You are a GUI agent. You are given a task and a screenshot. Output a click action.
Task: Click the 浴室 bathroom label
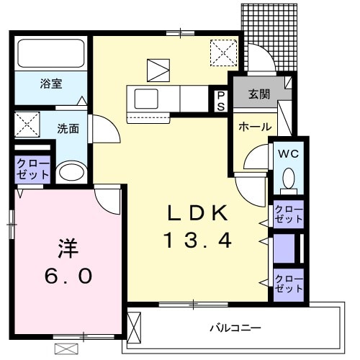click(50, 84)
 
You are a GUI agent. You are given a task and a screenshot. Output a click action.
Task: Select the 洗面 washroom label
click(68, 129)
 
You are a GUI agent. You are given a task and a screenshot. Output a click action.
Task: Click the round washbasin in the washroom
click(70, 172)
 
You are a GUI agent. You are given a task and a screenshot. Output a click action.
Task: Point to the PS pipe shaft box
click(220, 99)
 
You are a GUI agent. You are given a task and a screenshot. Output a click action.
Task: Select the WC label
click(289, 153)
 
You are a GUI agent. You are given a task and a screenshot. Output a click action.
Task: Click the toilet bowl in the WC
click(289, 179)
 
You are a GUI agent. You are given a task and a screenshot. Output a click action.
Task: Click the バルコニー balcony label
click(235, 328)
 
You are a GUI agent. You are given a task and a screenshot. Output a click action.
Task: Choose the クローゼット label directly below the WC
click(289, 214)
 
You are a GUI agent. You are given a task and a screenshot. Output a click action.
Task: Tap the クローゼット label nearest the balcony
click(289, 283)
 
